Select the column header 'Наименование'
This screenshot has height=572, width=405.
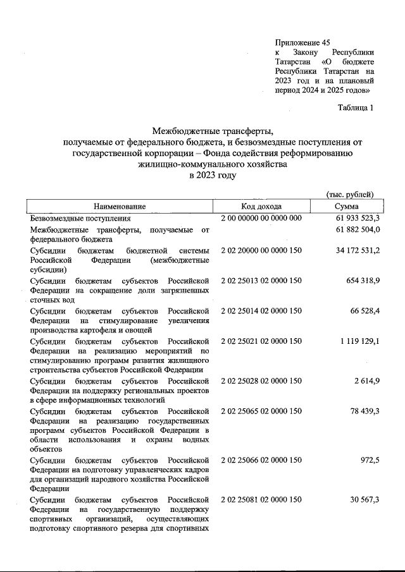pos(120,207)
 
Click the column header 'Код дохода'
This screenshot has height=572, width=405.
pos(261,207)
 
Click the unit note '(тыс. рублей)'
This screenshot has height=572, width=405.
pos(349,194)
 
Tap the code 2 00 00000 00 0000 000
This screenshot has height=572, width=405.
pos(261,218)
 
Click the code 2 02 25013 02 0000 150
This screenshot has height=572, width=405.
pos(261,280)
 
